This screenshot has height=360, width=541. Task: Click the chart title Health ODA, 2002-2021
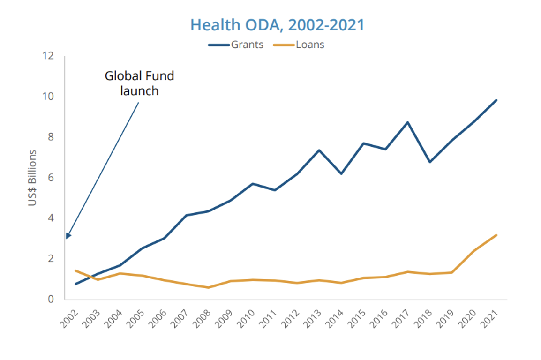click(x=277, y=25)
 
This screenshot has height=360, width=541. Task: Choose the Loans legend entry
click(x=310, y=45)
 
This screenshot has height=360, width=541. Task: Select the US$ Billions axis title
click(x=32, y=178)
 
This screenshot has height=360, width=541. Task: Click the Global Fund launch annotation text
click(x=139, y=83)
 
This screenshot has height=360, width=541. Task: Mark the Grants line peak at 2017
click(x=408, y=122)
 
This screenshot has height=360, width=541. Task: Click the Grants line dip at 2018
click(x=430, y=162)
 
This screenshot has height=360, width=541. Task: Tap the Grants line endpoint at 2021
click(x=496, y=100)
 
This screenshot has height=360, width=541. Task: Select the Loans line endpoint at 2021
click(x=496, y=235)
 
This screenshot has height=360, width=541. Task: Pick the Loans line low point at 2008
click(x=208, y=287)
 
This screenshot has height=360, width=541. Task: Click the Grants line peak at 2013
click(x=319, y=150)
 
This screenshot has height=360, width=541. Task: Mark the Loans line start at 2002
click(x=75, y=270)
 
